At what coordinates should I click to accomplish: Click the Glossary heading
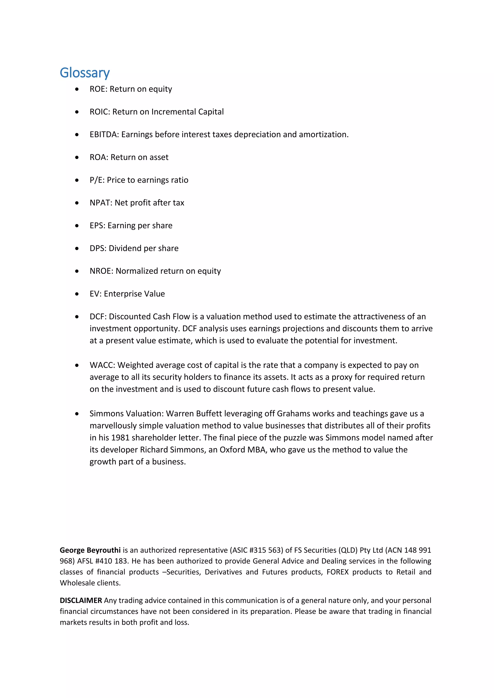point(85,73)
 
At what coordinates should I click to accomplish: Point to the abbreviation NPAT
point(101,203)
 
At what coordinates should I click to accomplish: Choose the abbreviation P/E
point(96,180)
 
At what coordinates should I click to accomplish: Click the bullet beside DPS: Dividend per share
point(77,249)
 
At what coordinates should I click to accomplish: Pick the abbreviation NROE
point(101,271)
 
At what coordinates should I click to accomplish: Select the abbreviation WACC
point(102,365)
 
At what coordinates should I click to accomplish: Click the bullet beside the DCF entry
point(77,317)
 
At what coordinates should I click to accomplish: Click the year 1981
point(120,438)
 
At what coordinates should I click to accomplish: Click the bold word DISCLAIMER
point(81,600)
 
